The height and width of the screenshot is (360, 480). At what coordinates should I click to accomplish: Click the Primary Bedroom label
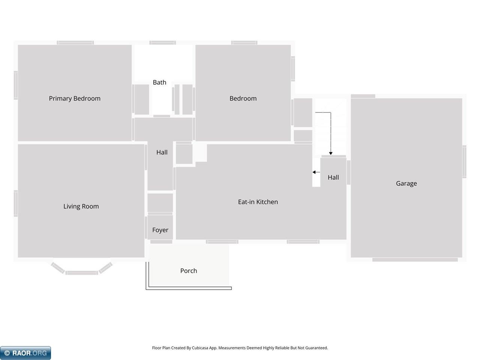click(x=75, y=99)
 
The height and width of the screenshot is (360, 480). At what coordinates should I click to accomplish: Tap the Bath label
click(x=159, y=82)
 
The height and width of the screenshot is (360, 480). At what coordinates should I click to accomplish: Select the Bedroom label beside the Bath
click(x=243, y=99)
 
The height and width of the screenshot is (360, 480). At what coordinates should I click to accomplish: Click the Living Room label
click(x=81, y=206)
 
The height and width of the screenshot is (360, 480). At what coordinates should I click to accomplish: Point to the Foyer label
click(x=160, y=230)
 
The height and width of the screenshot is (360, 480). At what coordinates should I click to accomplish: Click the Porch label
click(x=189, y=271)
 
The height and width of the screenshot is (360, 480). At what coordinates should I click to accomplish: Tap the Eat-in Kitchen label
click(x=258, y=202)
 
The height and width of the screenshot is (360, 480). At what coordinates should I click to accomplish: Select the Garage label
click(x=406, y=183)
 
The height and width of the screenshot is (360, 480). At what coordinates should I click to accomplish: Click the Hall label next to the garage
click(x=333, y=177)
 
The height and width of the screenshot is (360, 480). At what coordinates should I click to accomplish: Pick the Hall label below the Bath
click(x=162, y=152)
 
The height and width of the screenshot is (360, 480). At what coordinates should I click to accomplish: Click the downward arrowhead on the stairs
click(x=331, y=153)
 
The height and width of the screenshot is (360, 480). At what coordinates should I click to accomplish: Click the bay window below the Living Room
click(x=82, y=272)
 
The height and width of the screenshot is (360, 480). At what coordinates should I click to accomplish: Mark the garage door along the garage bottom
click(x=415, y=259)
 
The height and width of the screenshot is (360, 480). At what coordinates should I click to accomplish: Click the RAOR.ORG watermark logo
click(x=25, y=353)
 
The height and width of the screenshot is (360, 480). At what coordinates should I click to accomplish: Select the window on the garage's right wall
click(x=464, y=161)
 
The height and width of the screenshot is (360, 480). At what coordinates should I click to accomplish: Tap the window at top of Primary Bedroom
click(x=75, y=43)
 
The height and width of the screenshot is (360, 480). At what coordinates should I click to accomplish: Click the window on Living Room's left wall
click(x=16, y=203)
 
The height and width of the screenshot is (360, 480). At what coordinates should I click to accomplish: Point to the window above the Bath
click(x=163, y=43)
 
